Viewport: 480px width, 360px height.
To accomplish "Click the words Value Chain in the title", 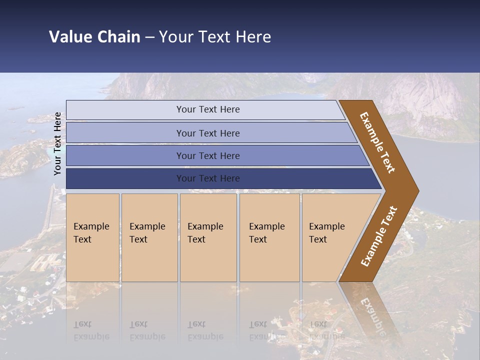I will pos(94,37).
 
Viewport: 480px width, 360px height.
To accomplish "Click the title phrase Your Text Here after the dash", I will pos(215,37).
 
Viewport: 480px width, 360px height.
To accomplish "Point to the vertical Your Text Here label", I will pos(57,143).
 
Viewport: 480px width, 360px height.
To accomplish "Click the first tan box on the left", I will pos(92,237).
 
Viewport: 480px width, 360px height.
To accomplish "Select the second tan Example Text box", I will pos(149,237).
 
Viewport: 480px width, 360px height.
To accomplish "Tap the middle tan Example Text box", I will pos(208,237).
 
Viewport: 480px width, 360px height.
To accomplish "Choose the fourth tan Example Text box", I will pos(269,237).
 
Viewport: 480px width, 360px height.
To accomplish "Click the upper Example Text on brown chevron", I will pos(377,142).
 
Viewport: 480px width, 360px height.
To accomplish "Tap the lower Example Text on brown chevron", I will pos(379,236).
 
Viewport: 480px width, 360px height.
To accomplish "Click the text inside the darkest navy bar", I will pos(208,178).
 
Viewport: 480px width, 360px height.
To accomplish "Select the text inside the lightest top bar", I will pos(208,109).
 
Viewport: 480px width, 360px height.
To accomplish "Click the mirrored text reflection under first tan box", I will pos(91,330).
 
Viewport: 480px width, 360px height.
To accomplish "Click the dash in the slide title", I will pos(149,37).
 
